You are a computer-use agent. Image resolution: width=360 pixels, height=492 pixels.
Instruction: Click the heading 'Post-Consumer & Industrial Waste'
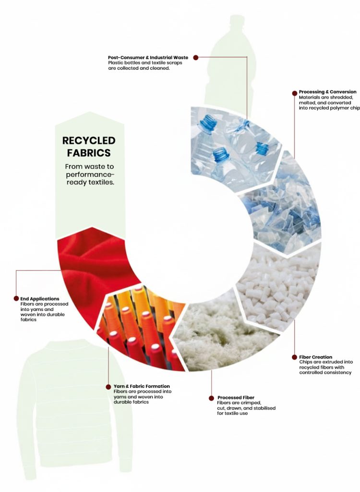[x=148, y=58]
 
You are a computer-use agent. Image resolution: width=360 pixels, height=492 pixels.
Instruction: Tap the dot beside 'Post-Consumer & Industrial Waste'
[x=196, y=58]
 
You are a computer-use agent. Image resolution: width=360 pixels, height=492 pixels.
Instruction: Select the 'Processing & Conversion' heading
[x=328, y=92]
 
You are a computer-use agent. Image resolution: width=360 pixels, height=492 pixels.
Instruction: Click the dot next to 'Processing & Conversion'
[x=294, y=93]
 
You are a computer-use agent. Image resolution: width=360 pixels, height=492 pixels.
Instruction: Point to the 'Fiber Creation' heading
[x=315, y=357]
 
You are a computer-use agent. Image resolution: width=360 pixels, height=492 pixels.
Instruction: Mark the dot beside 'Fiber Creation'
[x=294, y=357]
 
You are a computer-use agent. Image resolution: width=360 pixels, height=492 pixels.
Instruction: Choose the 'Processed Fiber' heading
[x=236, y=397]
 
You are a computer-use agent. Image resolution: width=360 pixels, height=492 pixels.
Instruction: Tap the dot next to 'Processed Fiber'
[x=211, y=398]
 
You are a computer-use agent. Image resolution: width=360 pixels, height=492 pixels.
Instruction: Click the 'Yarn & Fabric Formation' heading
[x=142, y=386]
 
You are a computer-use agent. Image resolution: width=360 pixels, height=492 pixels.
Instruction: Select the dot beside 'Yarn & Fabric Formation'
[x=108, y=387]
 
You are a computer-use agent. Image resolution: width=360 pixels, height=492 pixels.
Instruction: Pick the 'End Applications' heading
[x=40, y=299]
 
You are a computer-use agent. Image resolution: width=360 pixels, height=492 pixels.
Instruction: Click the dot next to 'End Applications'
[x=16, y=298]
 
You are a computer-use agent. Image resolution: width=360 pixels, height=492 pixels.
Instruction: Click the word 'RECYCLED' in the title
[x=89, y=141]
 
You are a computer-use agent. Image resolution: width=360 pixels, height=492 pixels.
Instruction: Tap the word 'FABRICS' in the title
[x=89, y=153]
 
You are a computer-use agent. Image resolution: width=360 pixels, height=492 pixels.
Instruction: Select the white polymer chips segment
[x=279, y=289]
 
